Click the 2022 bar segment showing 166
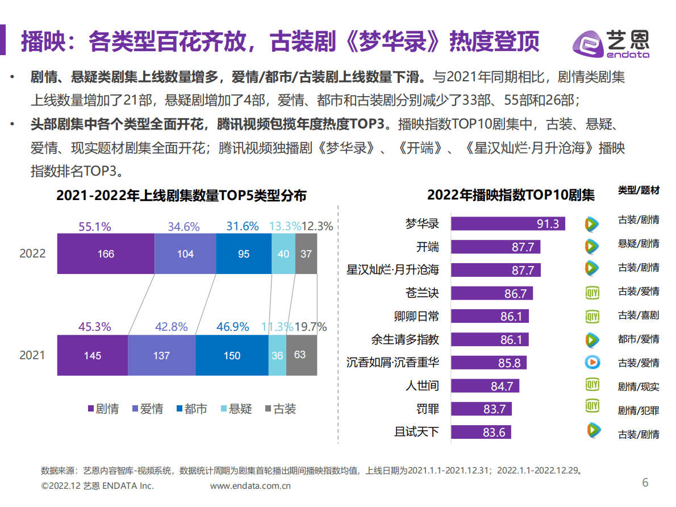coord(106,254)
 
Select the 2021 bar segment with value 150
coord(232,355)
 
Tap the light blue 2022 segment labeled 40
coord(283,254)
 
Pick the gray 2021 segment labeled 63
coord(301,355)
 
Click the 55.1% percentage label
coord(94,226)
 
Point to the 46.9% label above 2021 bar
coord(233,327)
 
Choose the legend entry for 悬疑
coord(235,409)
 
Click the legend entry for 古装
coord(280,409)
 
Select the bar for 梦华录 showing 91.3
coord(508,223)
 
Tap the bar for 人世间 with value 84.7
coord(485,386)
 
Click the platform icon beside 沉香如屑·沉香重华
coord(592,362)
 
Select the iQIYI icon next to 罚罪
coord(592,406)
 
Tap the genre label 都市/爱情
coord(639,339)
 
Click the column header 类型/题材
coord(639,190)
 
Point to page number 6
coord(645,483)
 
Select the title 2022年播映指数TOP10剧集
coord(511,196)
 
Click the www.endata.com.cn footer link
coord(251,486)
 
